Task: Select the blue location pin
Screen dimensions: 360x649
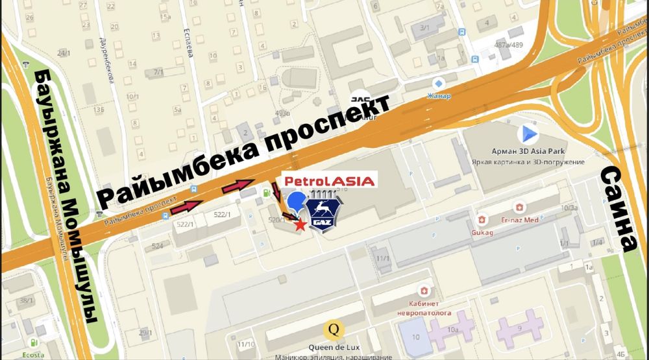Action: click(297, 202)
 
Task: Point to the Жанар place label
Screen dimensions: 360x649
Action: click(438, 95)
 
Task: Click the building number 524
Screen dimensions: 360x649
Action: click(157, 246)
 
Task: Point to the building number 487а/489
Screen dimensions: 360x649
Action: click(509, 45)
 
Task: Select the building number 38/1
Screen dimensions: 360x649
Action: click(26, 300)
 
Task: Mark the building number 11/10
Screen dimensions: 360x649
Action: click(246, 344)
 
